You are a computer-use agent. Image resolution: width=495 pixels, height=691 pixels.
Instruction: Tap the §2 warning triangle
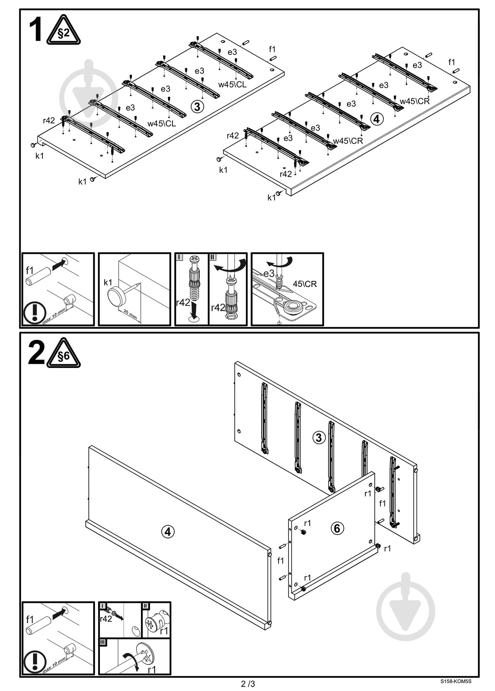(x=63, y=31)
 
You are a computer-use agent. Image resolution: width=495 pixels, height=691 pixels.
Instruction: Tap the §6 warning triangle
(x=64, y=354)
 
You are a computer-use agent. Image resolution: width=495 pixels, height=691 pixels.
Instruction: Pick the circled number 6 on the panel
(x=337, y=528)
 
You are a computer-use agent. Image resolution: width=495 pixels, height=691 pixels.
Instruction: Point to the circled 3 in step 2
(x=319, y=437)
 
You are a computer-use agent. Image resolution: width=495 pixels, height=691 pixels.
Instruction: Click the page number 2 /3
(x=248, y=684)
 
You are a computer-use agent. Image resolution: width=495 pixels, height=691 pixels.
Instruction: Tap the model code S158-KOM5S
(x=456, y=682)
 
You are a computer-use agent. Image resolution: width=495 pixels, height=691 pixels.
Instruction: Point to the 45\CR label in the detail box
(x=305, y=284)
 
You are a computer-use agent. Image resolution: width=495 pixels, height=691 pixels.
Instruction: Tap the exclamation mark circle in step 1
(x=35, y=313)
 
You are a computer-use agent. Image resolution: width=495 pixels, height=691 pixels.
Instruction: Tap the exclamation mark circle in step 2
(x=35, y=662)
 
